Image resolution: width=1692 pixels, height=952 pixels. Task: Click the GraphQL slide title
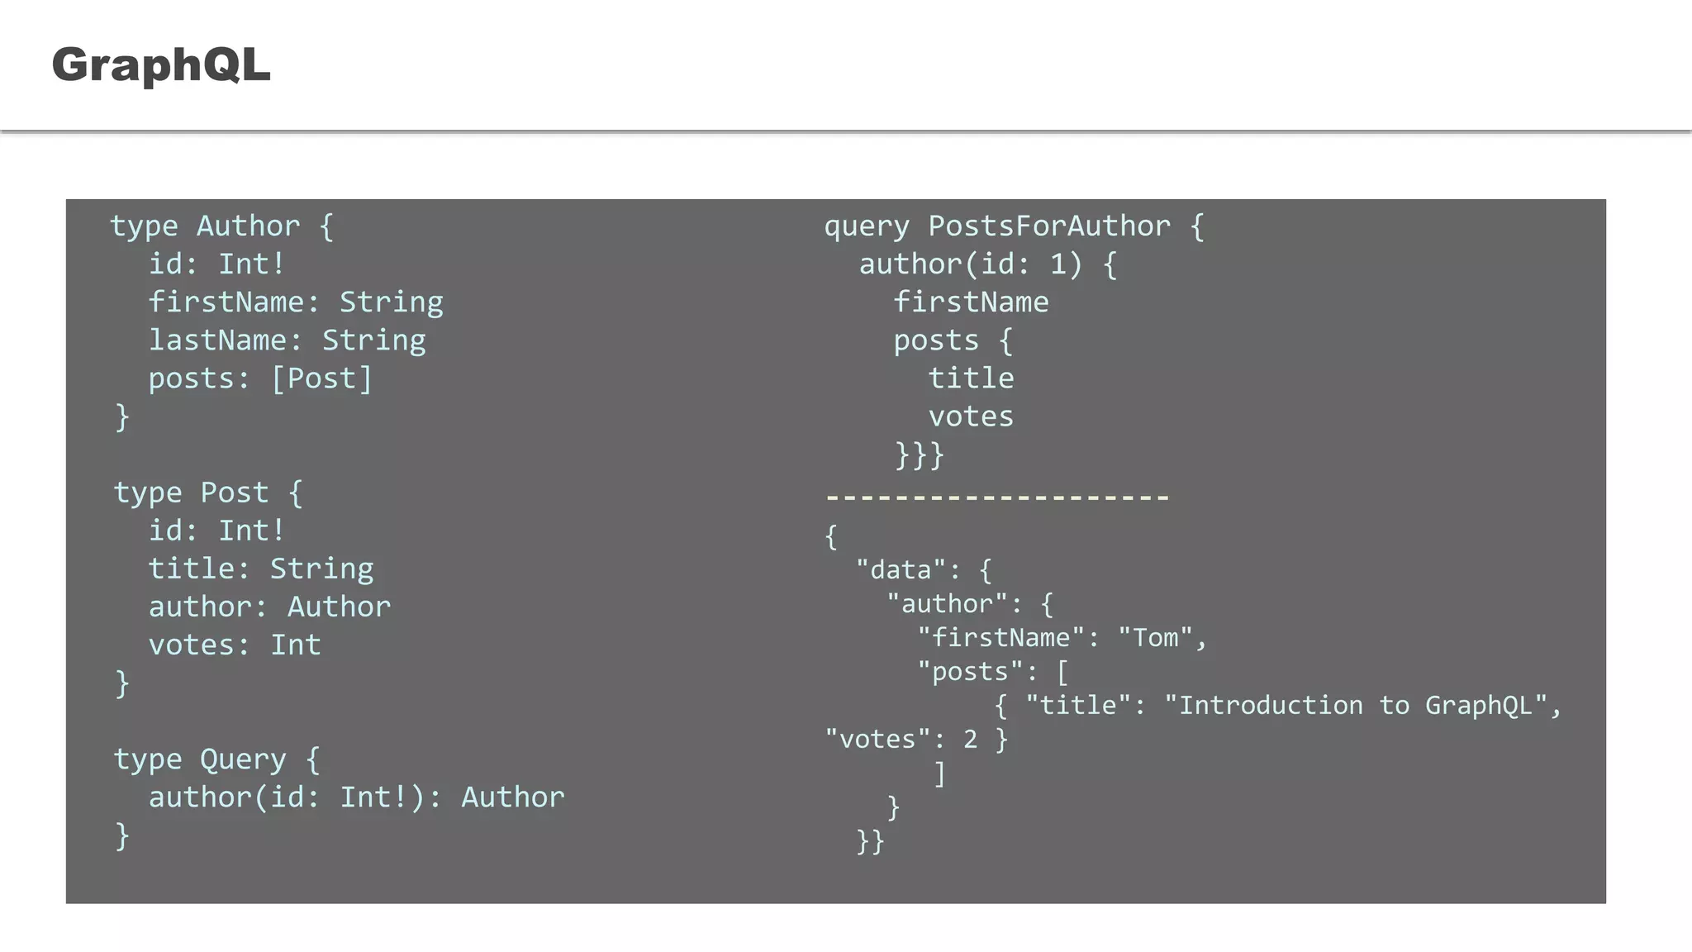point(161,64)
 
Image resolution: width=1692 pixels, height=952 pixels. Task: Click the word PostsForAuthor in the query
point(1049,226)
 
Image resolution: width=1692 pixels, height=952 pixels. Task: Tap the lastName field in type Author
point(217,340)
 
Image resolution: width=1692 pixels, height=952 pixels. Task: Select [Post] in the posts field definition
point(322,378)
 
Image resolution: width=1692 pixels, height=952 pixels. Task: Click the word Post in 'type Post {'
point(235,493)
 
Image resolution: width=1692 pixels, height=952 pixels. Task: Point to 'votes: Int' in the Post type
point(235,645)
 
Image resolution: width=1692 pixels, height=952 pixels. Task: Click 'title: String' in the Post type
point(261,569)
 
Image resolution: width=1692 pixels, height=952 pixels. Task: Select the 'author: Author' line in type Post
point(269,607)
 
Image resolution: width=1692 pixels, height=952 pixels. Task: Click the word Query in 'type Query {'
point(243,759)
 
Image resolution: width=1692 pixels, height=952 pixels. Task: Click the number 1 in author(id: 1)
point(1057,264)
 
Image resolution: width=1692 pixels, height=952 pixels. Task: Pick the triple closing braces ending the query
point(919,455)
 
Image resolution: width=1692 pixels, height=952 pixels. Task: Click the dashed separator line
point(997,497)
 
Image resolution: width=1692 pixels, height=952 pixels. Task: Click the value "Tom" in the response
point(1155,638)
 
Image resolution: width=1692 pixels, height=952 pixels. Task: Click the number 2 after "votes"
point(971,739)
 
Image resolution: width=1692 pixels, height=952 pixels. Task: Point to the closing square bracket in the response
point(939,773)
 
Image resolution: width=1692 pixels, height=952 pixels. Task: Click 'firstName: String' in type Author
point(296,302)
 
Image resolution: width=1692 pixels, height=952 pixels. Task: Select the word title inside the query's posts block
point(971,378)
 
